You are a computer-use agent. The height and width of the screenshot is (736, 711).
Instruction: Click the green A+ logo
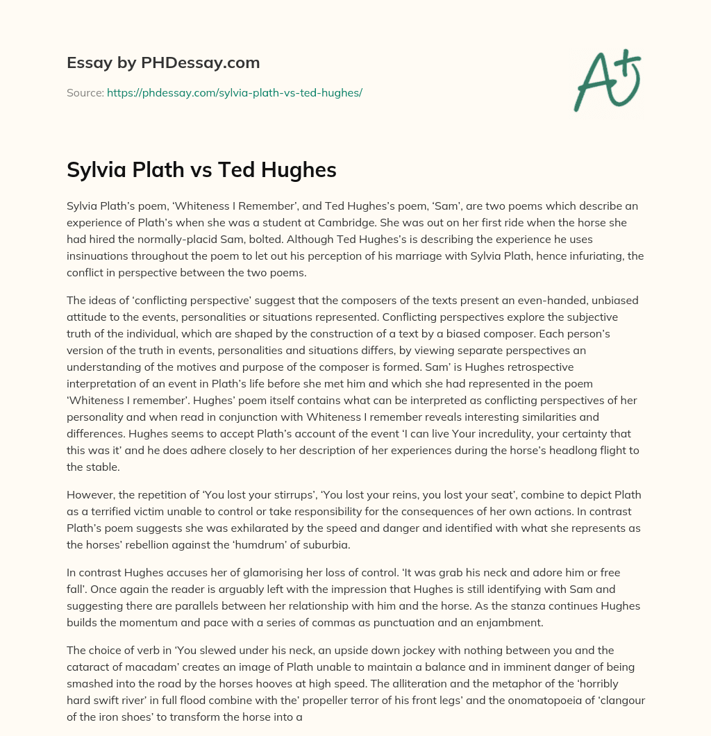tap(607, 81)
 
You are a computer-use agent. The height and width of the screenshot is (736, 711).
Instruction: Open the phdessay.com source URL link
tap(234, 92)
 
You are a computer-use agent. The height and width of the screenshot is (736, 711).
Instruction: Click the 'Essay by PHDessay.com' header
tap(163, 63)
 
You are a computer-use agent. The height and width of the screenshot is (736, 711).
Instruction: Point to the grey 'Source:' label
tap(85, 92)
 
